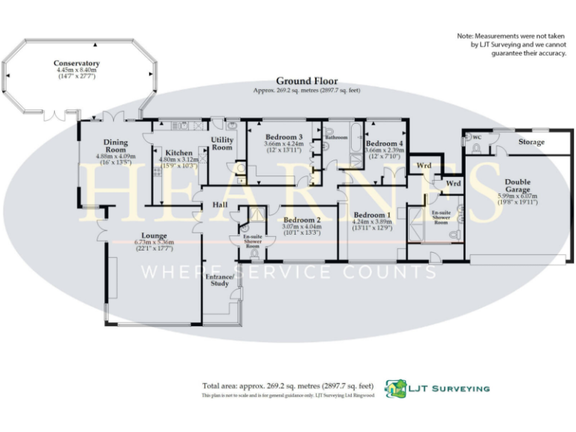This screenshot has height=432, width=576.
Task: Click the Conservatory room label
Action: (76, 64)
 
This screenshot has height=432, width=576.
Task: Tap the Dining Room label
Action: (115, 145)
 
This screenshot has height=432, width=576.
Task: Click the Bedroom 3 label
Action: (284, 137)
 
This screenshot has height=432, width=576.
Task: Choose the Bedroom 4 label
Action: (385, 143)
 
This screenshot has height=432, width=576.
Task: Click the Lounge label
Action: (154, 235)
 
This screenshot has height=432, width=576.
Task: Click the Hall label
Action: (219, 203)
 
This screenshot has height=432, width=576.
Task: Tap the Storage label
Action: (532, 142)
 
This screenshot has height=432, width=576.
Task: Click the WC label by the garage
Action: (475, 138)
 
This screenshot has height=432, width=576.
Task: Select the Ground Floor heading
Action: (307, 81)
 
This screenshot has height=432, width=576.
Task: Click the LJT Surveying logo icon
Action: (395, 388)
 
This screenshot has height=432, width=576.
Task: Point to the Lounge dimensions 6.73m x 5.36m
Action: (154, 243)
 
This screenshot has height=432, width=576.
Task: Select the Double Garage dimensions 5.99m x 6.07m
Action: (517, 196)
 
